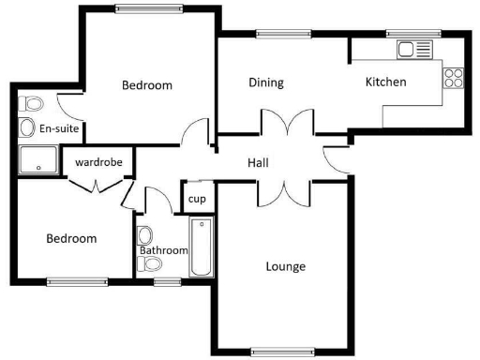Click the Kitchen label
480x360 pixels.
(385, 82)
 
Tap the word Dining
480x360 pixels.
(266, 82)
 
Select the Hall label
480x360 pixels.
(258, 163)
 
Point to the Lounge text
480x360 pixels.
(285, 266)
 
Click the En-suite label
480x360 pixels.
(58, 128)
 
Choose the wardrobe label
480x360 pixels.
(98, 162)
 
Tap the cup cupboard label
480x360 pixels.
(197, 199)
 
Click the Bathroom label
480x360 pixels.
(164, 250)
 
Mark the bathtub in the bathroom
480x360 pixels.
(202, 247)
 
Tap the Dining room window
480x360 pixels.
(273, 35)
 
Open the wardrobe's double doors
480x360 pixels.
(98, 185)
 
